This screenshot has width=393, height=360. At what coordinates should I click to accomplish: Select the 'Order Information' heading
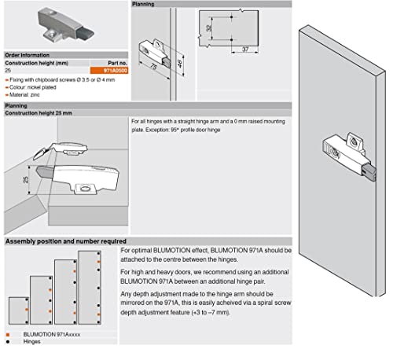coord(29,57)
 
